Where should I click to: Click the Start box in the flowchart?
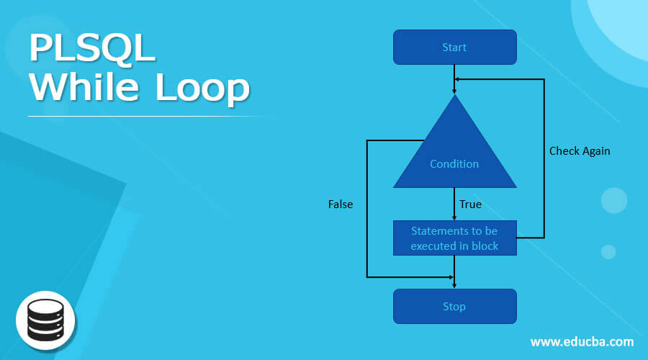coord(454,47)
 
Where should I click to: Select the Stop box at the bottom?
coord(454,306)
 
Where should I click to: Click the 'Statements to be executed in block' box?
coord(454,238)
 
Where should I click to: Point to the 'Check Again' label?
coord(580,151)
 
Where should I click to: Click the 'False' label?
coord(341,204)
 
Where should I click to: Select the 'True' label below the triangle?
coord(470,204)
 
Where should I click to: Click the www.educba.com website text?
coord(582,341)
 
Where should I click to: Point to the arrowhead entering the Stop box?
coord(454,286)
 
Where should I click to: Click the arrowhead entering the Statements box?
coord(454,217)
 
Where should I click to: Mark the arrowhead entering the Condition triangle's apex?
coord(454,91)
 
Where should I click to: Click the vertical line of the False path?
coord(367,209)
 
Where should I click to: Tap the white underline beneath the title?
coord(144,115)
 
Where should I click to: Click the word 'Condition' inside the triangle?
coord(454,164)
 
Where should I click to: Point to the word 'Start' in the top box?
coord(454,48)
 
